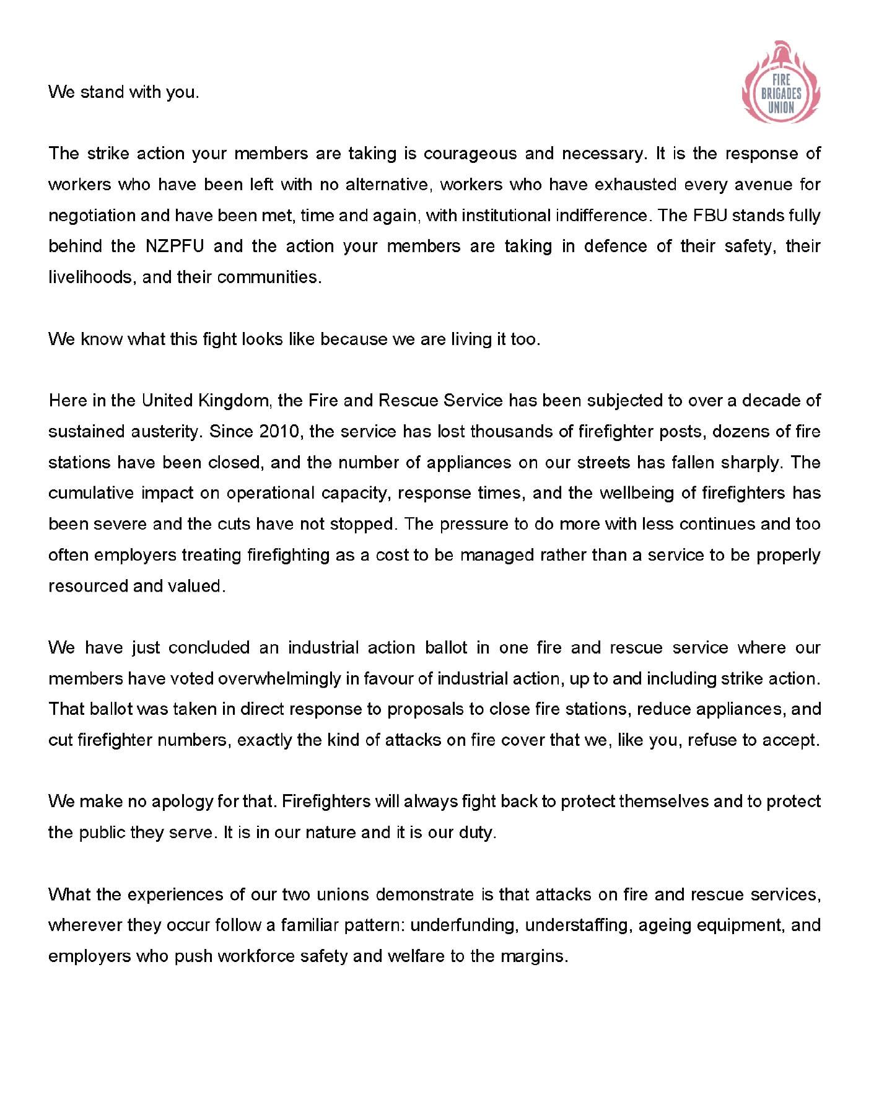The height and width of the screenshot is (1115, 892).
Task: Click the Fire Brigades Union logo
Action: point(780,84)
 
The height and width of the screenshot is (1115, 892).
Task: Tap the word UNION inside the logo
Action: point(781,107)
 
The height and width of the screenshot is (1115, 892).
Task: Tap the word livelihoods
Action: point(91,277)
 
